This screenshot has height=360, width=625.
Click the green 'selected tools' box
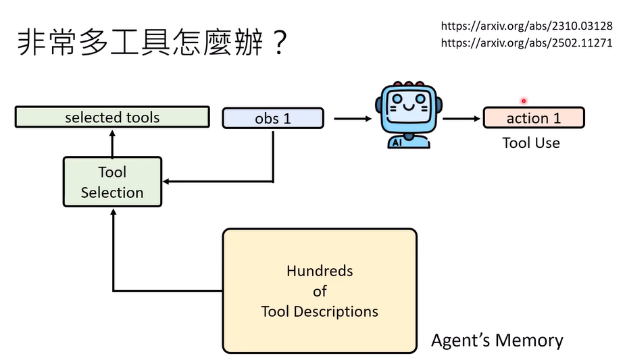pos(112,118)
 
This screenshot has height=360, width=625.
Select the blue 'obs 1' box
pos(273,118)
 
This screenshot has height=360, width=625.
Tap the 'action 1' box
pos(533,118)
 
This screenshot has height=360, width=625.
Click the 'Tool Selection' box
pos(112,182)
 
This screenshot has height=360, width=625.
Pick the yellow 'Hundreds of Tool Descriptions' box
pos(320,290)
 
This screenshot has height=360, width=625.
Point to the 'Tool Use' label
pos(531,143)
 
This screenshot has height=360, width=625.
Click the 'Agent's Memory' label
pos(497,340)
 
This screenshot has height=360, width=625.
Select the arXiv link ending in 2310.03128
pos(526,26)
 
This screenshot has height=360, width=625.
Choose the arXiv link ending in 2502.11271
pos(526,42)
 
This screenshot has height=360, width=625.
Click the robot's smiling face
pos(404,107)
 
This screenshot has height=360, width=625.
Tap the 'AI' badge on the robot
pos(395,142)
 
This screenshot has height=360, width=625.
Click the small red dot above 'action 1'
pos(524,101)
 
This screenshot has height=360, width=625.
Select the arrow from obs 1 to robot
pos(352,119)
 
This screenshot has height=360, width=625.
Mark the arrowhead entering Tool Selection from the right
pos(166,182)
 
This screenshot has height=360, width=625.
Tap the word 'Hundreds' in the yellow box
pos(320,271)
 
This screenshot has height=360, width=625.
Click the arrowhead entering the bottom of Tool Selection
pos(112,211)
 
